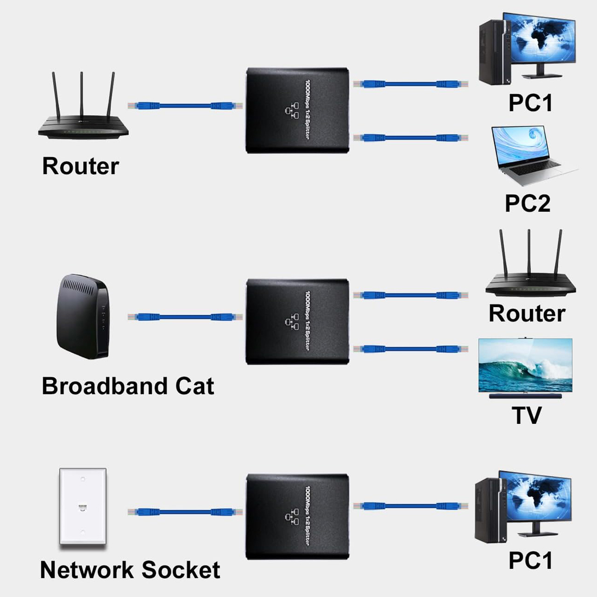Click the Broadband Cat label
[x=128, y=386]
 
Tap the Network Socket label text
[x=130, y=570]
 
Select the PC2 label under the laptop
[x=527, y=203]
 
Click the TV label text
[x=526, y=415]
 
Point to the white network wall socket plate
[x=82, y=506]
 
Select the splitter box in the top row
[x=297, y=110]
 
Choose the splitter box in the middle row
[x=297, y=321]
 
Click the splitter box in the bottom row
[x=297, y=517]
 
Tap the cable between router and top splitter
[x=182, y=105]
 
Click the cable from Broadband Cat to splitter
[x=182, y=316]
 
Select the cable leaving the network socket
[x=182, y=512]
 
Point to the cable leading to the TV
[x=411, y=349]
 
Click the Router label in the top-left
[x=80, y=166]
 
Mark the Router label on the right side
[x=526, y=313]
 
